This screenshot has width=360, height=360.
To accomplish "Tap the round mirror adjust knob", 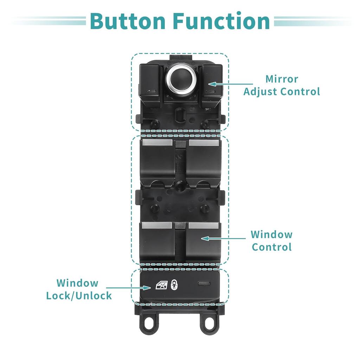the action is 181,79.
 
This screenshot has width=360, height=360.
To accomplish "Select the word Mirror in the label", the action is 282,79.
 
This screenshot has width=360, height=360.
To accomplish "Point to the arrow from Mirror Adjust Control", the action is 230,84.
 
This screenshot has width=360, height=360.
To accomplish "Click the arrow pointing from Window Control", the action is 223,239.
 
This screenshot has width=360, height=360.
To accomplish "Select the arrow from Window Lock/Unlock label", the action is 128,288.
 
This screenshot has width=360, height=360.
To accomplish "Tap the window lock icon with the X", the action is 162,285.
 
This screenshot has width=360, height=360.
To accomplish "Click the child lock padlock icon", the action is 174,285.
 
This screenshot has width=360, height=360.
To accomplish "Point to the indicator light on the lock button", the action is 204,283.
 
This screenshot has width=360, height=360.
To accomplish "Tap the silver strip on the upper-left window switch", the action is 157,143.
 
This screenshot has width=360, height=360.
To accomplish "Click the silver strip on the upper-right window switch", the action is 204,143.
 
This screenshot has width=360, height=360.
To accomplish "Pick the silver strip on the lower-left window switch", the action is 157,225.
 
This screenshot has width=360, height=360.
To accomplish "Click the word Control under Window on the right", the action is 272,247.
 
